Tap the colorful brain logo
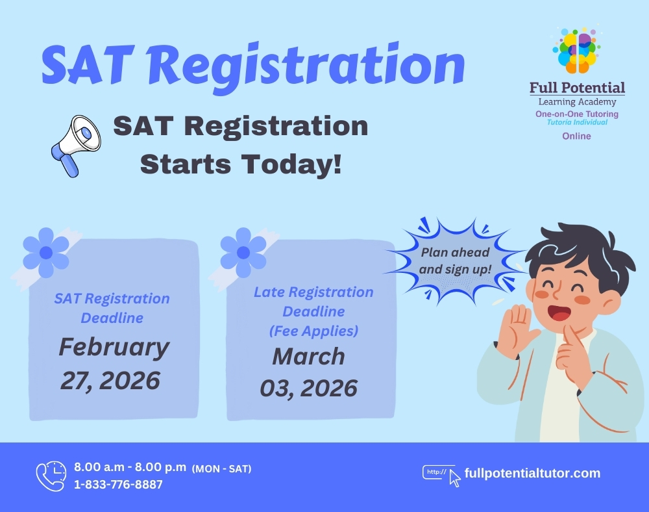coord(576,51)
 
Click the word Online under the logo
coord(576,136)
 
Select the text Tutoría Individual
coord(577,122)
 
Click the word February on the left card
coord(114,348)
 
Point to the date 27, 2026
coord(110,380)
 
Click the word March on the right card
coord(308,356)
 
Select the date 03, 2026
coord(308,388)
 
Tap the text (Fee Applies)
coord(313,331)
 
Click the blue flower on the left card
coord(45,252)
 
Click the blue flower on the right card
coord(243,252)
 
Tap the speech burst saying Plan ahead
coord(454,260)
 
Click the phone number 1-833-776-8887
coord(118,484)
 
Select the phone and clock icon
coord(51,476)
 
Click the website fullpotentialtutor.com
coord(532,473)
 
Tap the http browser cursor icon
coord(441,475)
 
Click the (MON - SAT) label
coord(221,468)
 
